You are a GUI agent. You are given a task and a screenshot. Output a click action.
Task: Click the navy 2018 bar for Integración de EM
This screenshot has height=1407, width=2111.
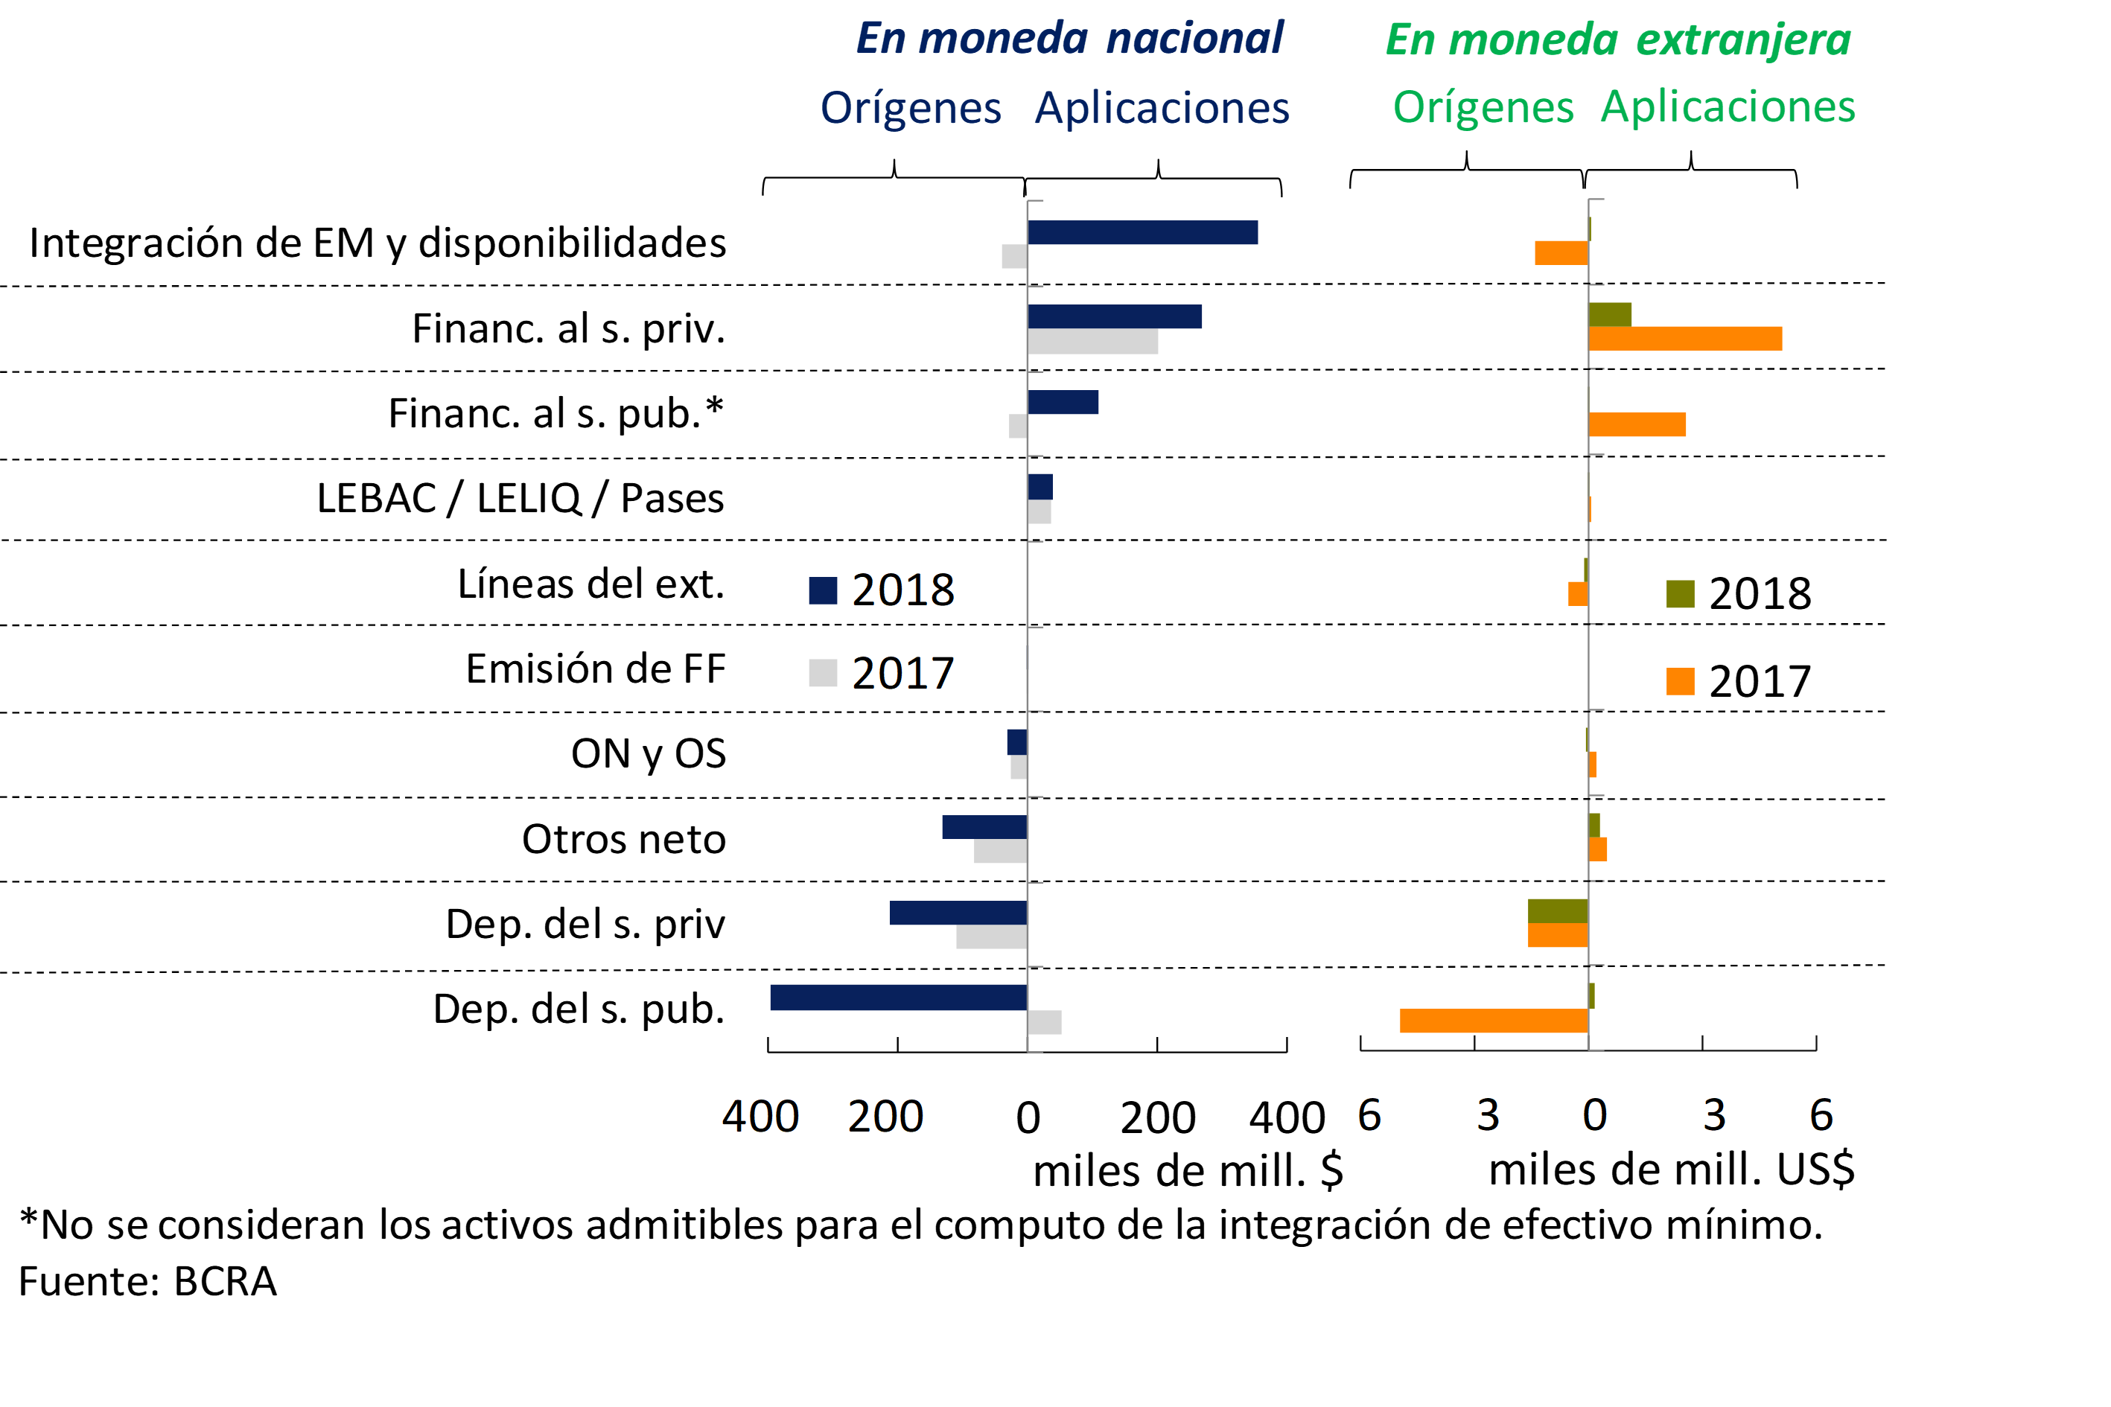click(1142, 232)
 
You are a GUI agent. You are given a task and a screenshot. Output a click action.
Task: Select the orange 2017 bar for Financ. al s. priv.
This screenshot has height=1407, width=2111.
click(1684, 338)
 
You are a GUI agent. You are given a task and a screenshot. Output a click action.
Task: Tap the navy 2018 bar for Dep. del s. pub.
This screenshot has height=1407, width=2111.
click(899, 997)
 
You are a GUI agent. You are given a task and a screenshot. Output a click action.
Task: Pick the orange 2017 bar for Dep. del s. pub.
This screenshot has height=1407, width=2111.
click(1494, 1020)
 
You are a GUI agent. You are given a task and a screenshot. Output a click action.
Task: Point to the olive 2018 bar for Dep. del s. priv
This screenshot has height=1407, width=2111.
click(1558, 910)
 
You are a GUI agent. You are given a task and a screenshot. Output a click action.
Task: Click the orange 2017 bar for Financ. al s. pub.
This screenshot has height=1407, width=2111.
click(1637, 424)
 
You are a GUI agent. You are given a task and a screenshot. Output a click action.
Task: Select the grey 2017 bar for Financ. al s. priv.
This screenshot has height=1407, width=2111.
click(1092, 342)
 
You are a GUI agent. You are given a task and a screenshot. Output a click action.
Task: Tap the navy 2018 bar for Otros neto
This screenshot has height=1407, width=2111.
click(984, 826)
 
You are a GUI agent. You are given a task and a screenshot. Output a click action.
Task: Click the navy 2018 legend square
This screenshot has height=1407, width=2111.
click(823, 590)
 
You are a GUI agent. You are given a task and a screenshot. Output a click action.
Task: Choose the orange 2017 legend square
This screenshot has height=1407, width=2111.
click(1680, 681)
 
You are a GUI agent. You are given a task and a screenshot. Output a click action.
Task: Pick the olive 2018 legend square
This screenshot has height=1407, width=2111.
click(1680, 593)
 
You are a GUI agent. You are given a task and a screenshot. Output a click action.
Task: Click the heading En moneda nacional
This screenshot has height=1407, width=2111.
click(1070, 39)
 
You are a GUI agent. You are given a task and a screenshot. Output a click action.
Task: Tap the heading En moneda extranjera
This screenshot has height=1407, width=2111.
click(1618, 39)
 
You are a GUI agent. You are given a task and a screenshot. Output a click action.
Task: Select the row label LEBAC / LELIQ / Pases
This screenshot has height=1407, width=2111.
click(520, 498)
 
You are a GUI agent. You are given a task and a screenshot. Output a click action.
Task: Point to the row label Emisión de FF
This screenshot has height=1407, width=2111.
click(595, 669)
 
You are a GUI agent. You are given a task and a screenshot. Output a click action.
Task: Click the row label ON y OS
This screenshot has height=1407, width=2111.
click(648, 753)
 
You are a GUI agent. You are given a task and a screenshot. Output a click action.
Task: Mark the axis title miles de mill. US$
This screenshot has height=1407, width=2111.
click(1671, 1170)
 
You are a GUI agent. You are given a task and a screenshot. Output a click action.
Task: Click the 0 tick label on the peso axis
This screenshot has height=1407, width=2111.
click(1028, 1118)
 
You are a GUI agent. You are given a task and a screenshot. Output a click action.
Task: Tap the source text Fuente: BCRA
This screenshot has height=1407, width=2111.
click(148, 1281)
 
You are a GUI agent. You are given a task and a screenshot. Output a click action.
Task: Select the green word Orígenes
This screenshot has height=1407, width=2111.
click(1483, 108)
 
